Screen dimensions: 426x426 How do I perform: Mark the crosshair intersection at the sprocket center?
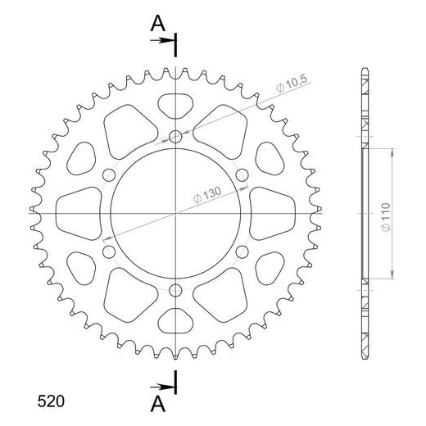(x=177, y=213)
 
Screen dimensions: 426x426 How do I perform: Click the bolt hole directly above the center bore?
(x=177, y=136)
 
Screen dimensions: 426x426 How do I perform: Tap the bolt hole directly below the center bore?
(x=177, y=289)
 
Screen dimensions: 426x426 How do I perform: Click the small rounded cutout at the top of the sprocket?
(x=177, y=104)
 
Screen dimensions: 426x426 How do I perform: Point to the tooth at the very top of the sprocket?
(x=177, y=72)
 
